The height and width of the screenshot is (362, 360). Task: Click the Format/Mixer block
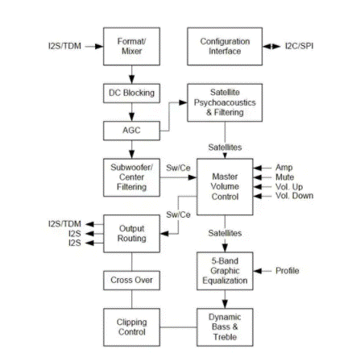131,46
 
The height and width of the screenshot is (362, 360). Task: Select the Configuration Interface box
225,46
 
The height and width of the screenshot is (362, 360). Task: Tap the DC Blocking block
131,94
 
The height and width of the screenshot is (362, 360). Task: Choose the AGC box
131,131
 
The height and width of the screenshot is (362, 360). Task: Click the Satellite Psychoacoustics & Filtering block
225,102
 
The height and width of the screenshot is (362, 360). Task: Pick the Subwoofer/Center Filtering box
131,177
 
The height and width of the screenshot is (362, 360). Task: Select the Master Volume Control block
225,187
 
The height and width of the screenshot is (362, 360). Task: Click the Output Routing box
131,234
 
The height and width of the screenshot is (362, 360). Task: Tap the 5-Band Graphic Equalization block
225,271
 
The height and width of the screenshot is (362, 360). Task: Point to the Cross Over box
131,281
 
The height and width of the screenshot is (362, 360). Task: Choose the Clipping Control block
131,327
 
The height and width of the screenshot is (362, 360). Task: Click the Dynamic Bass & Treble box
225,327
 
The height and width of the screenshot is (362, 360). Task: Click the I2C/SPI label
299,46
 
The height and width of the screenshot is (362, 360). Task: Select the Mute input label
284,177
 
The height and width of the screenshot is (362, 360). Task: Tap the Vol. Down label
294,196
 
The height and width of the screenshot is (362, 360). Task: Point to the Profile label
287,271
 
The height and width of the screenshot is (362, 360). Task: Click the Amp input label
283,168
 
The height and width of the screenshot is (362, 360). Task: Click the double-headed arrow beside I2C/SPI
271,47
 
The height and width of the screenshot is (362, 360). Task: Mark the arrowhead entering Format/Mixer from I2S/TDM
99,47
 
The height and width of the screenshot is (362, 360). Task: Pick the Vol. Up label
289,187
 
